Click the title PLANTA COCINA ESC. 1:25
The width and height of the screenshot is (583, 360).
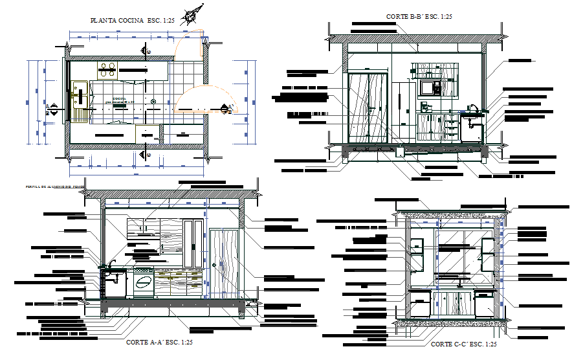[133, 21]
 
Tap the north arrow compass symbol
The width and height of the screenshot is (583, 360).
[191, 15]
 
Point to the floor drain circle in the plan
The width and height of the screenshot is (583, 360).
[153, 102]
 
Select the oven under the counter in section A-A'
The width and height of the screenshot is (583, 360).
[144, 283]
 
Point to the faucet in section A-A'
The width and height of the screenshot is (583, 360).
[113, 264]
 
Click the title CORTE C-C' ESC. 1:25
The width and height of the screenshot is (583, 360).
[463, 344]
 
